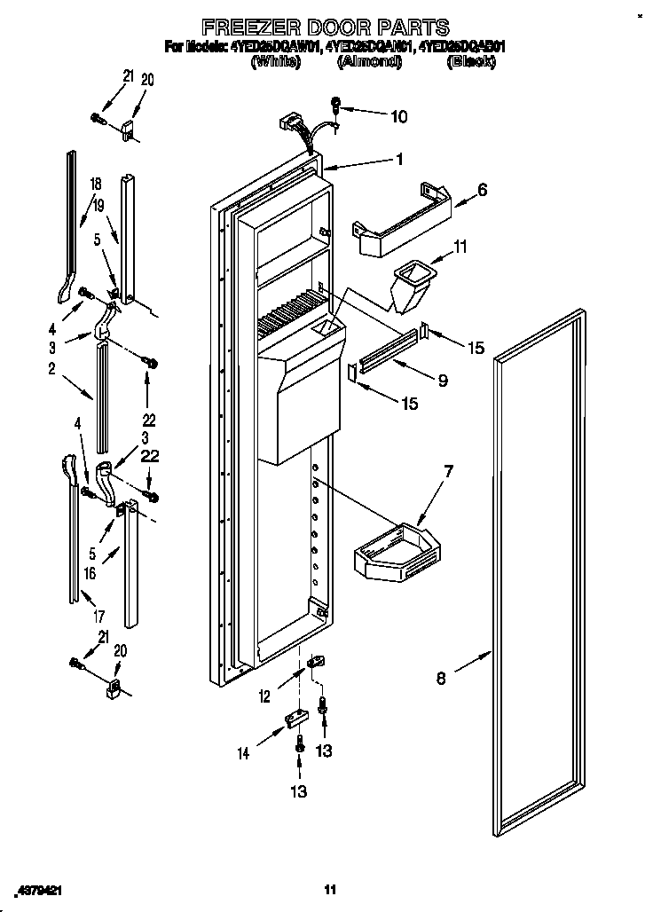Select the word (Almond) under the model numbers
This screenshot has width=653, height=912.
click(369, 62)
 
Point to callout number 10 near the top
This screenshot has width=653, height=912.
click(399, 115)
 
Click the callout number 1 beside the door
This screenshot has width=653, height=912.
click(399, 160)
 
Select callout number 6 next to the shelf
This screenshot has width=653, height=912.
click(482, 190)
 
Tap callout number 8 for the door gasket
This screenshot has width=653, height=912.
click(442, 680)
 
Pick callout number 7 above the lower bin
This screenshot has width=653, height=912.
click(448, 471)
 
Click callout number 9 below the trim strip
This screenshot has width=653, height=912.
click(441, 381)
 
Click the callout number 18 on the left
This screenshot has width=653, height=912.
click(96, 185)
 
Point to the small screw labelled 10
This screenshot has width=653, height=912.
click(336, 104)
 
